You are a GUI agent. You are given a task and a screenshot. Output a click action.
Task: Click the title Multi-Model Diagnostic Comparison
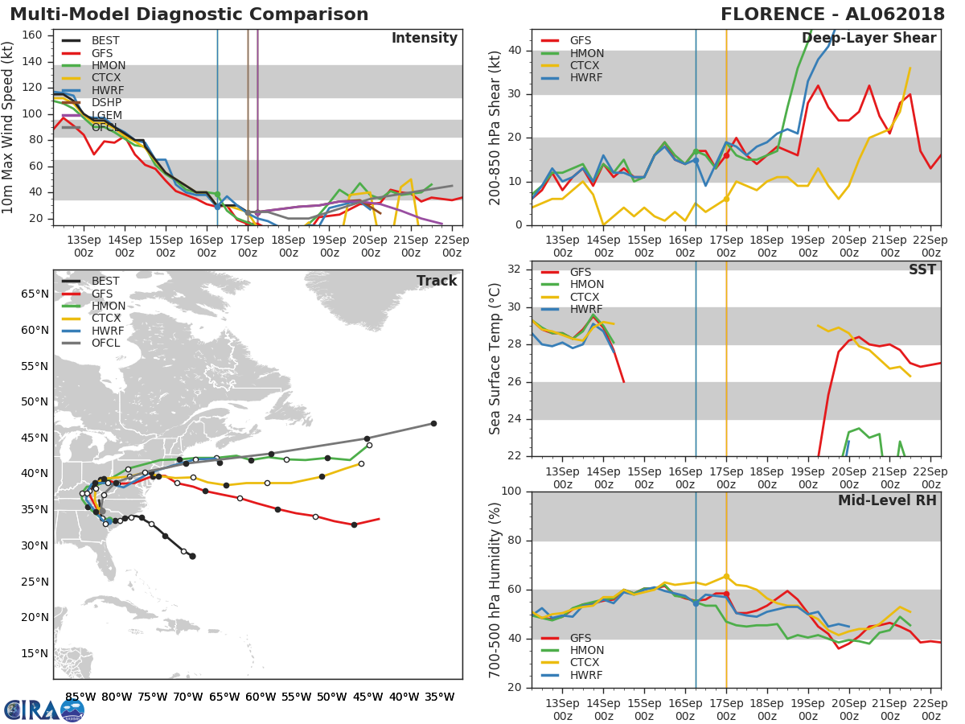(x=189, y=14)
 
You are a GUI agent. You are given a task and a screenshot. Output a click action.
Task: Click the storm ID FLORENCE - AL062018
(x=829, y=14)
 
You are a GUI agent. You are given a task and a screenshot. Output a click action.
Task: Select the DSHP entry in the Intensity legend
(x=106, y=103)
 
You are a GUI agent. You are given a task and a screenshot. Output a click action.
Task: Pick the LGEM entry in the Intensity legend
(x=107, y=116)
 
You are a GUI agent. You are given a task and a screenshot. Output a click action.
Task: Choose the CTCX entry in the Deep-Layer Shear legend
(x=585, y=66)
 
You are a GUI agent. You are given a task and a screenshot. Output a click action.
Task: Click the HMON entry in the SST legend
(x=586, y=285)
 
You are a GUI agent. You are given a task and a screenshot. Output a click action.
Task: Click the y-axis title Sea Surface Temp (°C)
(x=495, y=358)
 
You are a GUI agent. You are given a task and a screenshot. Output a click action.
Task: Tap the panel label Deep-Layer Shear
(x=868, y=39)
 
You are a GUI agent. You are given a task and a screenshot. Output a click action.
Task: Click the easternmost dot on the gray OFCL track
(x=433, y=423)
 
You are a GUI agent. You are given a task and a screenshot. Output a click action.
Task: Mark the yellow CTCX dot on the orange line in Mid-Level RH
(x=726, y=576)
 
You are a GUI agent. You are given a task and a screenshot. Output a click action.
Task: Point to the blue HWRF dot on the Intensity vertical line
(x=217, y=206)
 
